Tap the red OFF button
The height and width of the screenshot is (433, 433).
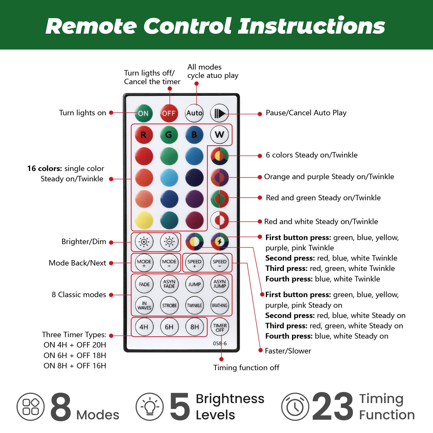click(x=169, y=113)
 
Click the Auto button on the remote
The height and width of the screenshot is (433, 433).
click(x=194, y=113)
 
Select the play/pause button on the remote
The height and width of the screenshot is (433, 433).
click(x=219, y=113)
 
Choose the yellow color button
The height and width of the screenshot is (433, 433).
click(x=144, y=220)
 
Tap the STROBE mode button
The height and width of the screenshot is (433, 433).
click(x=169, y=306)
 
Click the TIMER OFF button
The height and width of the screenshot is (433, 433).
click(x=220, y=327)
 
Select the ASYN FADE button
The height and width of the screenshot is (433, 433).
click(x=169, y=284)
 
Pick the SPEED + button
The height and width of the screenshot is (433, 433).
click(x=194, y=263)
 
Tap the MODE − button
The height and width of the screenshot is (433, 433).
click(x=169, y=263)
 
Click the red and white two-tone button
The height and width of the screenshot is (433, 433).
click(x=219, y=220)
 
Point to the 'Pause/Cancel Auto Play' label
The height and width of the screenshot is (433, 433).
click(x=306, y=113)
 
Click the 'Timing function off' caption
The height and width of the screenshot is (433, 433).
click(x=246, y=368)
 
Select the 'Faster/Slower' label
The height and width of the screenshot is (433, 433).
click(x=288, y=351)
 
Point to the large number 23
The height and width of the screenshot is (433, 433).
click(x=333, y=406)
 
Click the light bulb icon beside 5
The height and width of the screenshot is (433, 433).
click(x=150, y=406)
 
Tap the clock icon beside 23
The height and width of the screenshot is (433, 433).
click(x=295, y=406)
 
